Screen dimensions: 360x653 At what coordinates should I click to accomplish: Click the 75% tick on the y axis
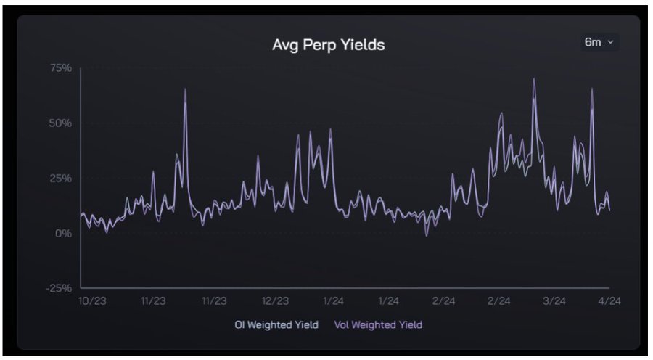(60, 68)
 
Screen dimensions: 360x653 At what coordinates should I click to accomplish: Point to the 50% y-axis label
(60, 123)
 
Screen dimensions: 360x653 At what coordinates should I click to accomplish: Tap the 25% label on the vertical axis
(60, 179)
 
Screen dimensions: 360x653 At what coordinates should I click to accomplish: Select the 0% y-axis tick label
(63, 234)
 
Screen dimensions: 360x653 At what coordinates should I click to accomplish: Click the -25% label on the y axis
(59, 288)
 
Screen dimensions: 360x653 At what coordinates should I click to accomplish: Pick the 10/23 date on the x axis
(93, 300)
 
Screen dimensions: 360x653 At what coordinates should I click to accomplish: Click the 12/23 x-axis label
(275, 300)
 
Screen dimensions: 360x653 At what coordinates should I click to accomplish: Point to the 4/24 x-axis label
(609, 300)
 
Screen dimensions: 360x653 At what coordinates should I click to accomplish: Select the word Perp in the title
(323, 45)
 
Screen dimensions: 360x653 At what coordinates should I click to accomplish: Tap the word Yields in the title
(364, 45)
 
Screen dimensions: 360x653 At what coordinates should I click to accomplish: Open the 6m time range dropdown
(599, 42)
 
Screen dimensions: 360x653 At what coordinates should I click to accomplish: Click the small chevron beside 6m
(610, 42)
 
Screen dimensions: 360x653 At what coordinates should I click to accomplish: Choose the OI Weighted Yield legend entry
(276, 324)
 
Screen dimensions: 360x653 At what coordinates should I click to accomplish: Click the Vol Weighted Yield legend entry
(377, 324)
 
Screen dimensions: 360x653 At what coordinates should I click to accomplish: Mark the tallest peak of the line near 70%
(534, 79)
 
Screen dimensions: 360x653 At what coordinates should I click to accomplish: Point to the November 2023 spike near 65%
(185, 89)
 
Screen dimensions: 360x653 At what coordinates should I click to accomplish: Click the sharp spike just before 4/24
(593, 89)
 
